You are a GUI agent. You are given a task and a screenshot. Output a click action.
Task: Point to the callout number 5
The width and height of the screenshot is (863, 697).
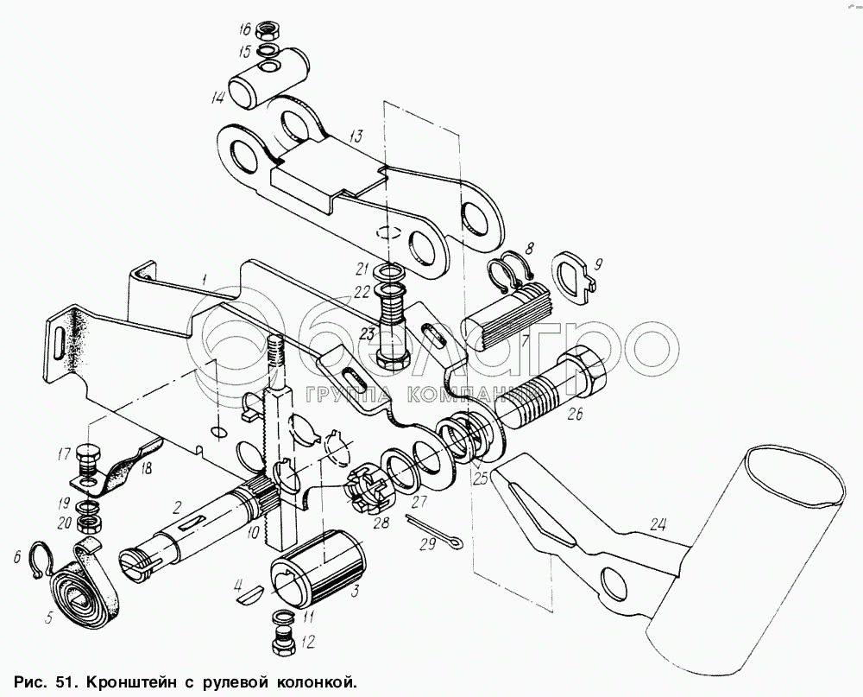(49, 618)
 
